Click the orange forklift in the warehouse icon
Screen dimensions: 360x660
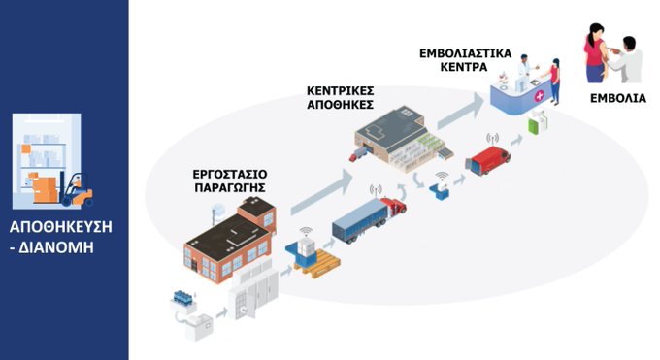75,188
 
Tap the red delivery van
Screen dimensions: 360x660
487,160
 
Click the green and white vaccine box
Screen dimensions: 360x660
538,126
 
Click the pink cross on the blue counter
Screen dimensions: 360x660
538,96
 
